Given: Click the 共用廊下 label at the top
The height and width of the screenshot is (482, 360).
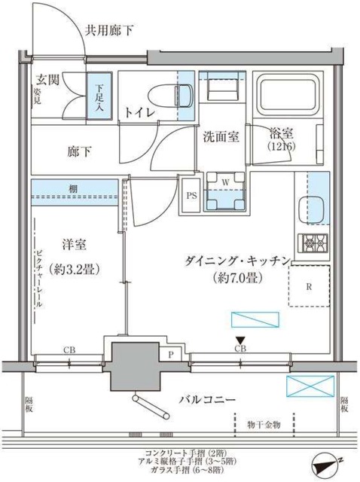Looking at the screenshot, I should point(109,30).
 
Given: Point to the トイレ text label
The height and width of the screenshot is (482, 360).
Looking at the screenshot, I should point(140,112).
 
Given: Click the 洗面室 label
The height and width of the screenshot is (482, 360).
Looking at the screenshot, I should point(220,136).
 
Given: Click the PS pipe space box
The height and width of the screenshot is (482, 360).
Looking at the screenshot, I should point(191,193).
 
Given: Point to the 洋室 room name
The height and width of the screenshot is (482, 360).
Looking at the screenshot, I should point(75,245).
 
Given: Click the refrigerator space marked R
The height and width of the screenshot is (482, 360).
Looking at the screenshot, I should point(310,285).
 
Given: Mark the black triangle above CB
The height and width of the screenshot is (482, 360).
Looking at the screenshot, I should point(240,340).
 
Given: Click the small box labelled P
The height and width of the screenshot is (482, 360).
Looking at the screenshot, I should point(171,353).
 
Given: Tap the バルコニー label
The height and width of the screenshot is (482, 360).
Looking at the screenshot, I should point(209,398).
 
